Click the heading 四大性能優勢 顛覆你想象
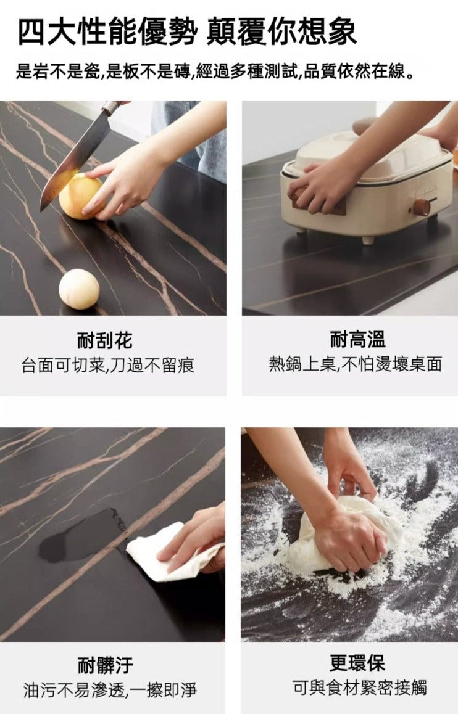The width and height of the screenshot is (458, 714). click(186, 32)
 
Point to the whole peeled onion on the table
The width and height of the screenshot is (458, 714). click(79, 289)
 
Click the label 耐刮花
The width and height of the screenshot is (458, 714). click(105, 340)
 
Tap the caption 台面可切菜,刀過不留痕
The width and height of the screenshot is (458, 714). click(108, 365)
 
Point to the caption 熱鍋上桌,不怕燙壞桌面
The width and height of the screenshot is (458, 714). click(355, 364)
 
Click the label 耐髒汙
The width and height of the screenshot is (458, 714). click(105, 665)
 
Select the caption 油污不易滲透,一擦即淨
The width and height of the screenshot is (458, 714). click(110, 690)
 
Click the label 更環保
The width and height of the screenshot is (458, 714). click(357, 663)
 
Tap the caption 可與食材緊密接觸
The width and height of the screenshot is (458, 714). click(359, 687)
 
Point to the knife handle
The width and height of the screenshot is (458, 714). click(111, 108)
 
